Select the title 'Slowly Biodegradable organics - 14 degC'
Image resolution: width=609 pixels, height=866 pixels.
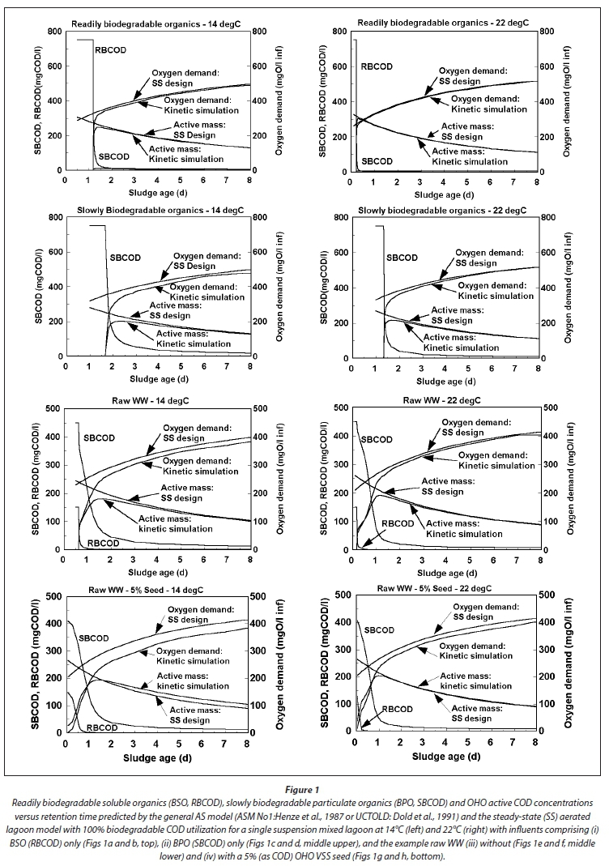[144, 210]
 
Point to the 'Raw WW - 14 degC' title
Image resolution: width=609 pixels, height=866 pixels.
[160, 399]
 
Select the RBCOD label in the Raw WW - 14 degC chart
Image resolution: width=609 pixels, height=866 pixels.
[104, 542]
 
